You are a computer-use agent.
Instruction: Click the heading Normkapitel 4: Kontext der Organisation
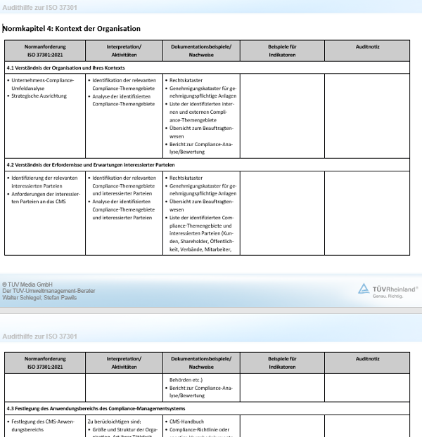[72, 29]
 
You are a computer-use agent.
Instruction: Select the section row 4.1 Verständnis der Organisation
[66, 67]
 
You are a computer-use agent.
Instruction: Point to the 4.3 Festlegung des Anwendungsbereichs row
[96, 407]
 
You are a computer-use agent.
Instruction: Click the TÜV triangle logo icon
[364, 288]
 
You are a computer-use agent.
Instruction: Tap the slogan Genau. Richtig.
[388, 296]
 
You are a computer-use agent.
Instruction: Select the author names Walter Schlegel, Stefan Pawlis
[39, 297]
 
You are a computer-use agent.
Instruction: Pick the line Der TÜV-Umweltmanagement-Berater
[49, 291]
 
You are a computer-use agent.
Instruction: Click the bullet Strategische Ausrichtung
[39, 96]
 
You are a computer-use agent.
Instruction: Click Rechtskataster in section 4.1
[186, 80]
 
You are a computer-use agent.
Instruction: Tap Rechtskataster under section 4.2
[186, 178]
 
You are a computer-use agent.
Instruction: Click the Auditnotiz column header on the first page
[367, 46]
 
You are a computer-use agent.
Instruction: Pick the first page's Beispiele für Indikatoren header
[282, 50]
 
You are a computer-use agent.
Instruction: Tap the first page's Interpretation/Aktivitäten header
[124, 50]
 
